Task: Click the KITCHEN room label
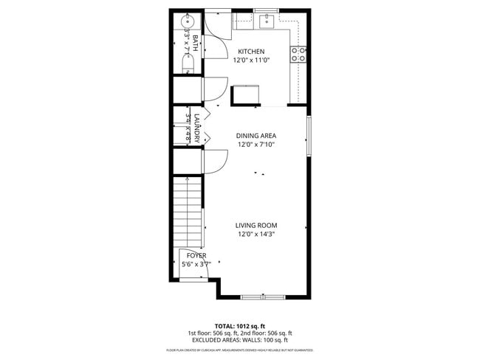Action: (x=251, y=52)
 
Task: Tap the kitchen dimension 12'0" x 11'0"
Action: (x=251, y=60)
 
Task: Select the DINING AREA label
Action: (x=256, y=136)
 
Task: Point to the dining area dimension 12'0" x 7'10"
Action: (x=256, y=145)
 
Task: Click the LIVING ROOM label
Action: (x=256, y=226)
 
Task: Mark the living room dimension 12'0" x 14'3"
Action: (x=256, y=235)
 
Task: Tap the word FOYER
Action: (x=196, y=255)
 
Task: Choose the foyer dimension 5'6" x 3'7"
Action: (x=196, y=264)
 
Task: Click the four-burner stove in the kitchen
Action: (x=298, y=53)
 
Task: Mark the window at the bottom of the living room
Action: (x=262, y=297)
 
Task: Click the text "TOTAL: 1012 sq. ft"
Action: (x=240, y=325)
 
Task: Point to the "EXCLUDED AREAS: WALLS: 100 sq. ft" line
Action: (x=240, y=340)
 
